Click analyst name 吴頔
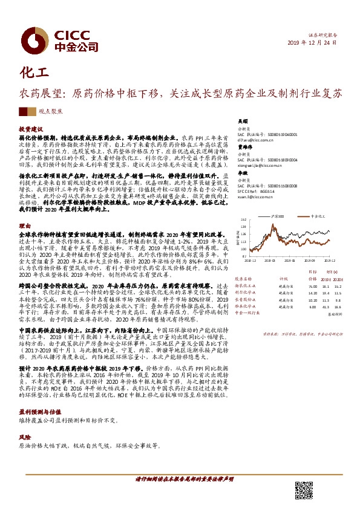pos(241,120)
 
